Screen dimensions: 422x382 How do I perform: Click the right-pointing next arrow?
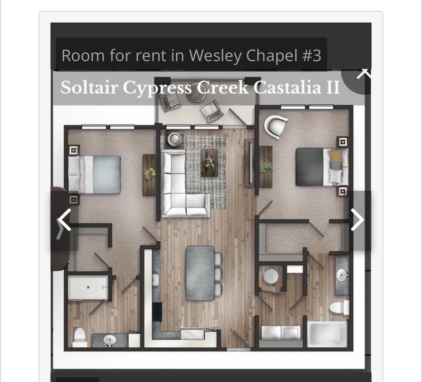click(358, 220)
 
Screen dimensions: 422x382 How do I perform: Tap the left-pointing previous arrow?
click(64, 220)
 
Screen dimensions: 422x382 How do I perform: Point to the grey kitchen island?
click(200, 273)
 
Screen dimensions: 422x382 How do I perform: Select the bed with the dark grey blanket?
click(322, 166)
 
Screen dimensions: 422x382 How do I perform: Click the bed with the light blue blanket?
click(94, 175)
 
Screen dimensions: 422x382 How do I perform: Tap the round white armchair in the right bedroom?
click(275, 126)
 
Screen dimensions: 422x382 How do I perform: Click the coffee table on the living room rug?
click(209, 163)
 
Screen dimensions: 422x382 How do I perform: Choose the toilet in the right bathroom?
click(339, 308)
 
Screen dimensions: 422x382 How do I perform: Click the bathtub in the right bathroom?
click(327, 335)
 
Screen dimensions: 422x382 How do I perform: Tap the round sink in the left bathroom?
click(110, 340)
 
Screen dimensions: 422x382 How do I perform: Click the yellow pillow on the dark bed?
click(335, 155)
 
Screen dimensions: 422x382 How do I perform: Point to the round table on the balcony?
click(196, 92)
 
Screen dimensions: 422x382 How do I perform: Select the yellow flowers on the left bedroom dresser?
click(150, 173)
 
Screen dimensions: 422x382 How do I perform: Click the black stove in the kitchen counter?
click(157, 311)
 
